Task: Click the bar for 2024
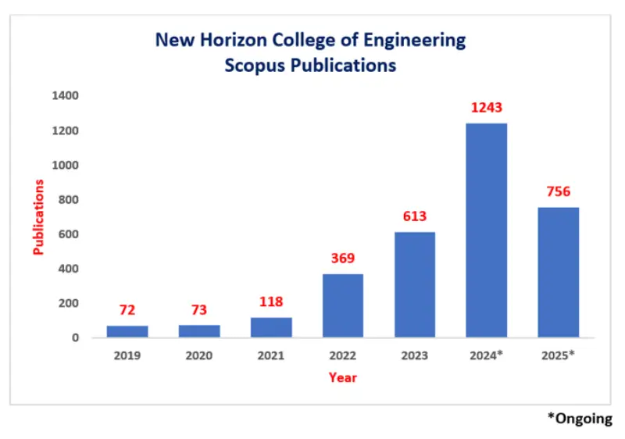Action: (x=486, y=230)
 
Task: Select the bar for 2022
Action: (x=343, y=305)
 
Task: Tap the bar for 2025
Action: (x=558, y=272)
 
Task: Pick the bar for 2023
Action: (x=414, y=284)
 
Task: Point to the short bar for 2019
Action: (x=127, y=331)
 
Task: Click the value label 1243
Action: (x=486, y=107)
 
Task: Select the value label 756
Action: (x=558, y=191)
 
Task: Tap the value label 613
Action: (x=414, y=216)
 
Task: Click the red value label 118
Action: (x=271, y=302)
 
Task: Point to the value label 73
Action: (x=199, y=309)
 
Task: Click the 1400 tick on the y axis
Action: (x=66, y=95)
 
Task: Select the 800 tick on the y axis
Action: (x=70, y=199)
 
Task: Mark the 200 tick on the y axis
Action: (x=70, y=303)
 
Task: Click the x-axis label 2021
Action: (x=271, y=356)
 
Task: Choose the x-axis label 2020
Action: (x=199, y=356)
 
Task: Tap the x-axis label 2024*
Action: (x=486, y=356)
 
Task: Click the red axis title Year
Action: (x=342, y=378)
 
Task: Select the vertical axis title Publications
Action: (x=37, y=217)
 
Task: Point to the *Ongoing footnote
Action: (x=580, y=419)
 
